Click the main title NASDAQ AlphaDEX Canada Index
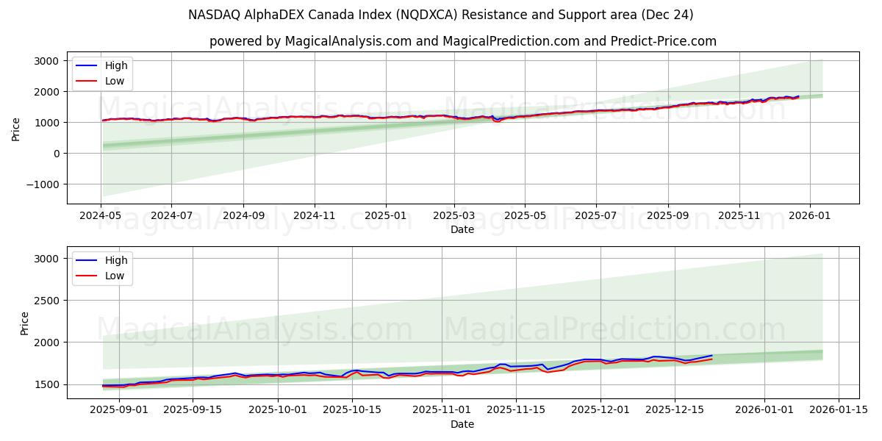tap(441, 15)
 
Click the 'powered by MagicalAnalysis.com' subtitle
tap(463, 41)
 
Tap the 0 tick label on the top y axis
tap(56, 154)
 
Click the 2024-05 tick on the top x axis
tap(101, 216)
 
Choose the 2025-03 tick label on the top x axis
tap(454, 216)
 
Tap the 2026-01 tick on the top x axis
tap(810, 216)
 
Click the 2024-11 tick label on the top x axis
tap(315, 216)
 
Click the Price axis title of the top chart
tap(16, 129)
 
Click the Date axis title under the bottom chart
tap(463, 424)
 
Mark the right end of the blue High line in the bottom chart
tap(711, 356)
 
